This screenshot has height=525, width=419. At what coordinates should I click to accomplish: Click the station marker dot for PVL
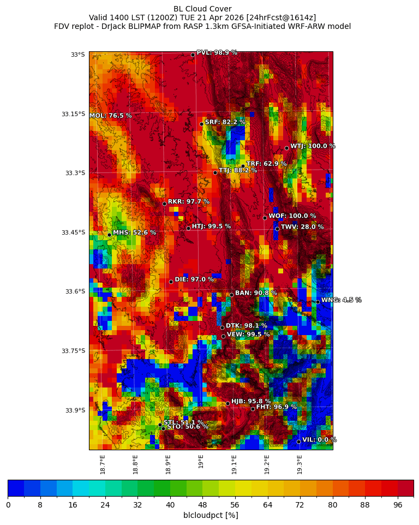point(193,55)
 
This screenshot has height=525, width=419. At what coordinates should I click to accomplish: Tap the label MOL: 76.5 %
point(110,116)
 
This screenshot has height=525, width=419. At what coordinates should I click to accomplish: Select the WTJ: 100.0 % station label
point(313,146)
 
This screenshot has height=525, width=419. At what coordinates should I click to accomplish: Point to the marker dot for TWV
point(277,229)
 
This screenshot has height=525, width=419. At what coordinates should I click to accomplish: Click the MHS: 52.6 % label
point(134,232)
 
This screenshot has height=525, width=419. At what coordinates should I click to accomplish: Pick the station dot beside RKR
point(164,204)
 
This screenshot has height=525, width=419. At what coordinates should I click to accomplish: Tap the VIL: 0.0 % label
point(319,440)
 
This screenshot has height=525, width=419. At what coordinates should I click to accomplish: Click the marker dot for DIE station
point(171,282)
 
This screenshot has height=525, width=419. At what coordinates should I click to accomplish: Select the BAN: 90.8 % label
point(256,293)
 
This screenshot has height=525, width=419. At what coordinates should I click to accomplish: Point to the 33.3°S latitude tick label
point(75,173)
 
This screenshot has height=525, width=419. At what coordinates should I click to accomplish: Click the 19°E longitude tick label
point(201,461)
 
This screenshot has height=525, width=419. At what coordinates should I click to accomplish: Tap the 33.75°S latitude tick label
point(73,351)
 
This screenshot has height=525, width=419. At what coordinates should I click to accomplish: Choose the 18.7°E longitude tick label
point(103,463)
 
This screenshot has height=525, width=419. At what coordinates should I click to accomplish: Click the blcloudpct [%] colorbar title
point(211,515)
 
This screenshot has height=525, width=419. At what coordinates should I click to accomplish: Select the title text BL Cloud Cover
point(202,9)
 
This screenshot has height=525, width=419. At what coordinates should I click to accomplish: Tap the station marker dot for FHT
point(253,409)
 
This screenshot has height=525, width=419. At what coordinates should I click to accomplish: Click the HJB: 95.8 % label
point(251,401)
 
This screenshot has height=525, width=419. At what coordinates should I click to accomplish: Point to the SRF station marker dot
point(201,124)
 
